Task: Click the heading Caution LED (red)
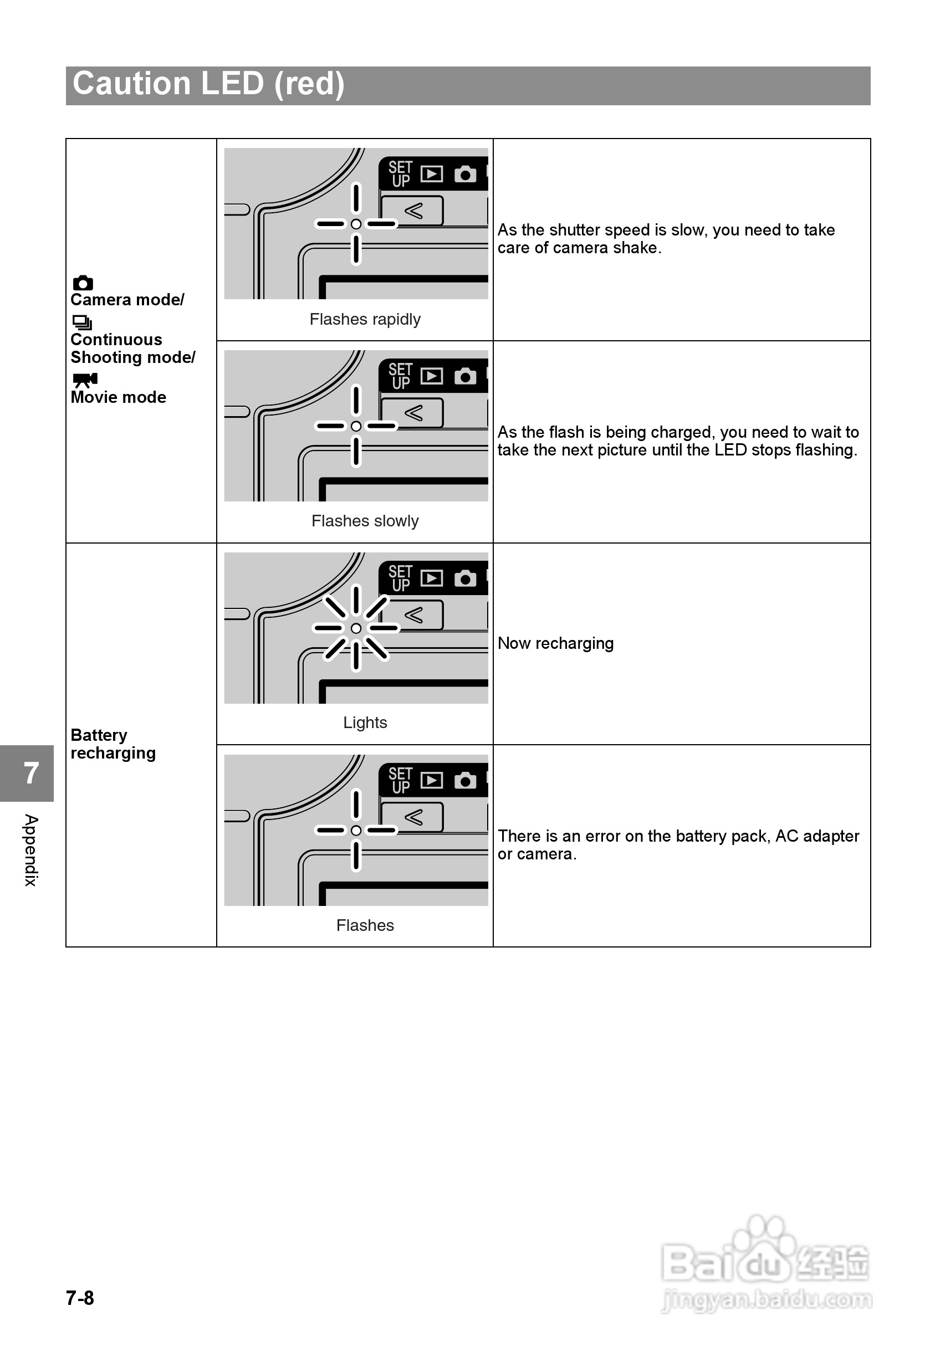[x=208, y=84]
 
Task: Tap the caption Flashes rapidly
[x=365, y=319]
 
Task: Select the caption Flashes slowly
[x=365, y=521]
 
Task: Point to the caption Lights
[x=365, y=723]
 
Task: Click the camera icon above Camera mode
[x=83, y=283]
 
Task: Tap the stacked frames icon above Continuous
[x=82, y=322]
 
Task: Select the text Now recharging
[x=555, y=643]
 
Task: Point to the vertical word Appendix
[x=30, y=850]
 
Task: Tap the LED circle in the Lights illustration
[x=356, y=628]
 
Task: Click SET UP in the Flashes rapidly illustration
[x=400, y=174]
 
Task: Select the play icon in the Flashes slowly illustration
[x=432, y=376]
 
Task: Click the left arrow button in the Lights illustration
[x=413, y=615]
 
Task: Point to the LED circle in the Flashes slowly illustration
[x=356, y=427]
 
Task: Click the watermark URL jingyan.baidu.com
[x=767, y=1299]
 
